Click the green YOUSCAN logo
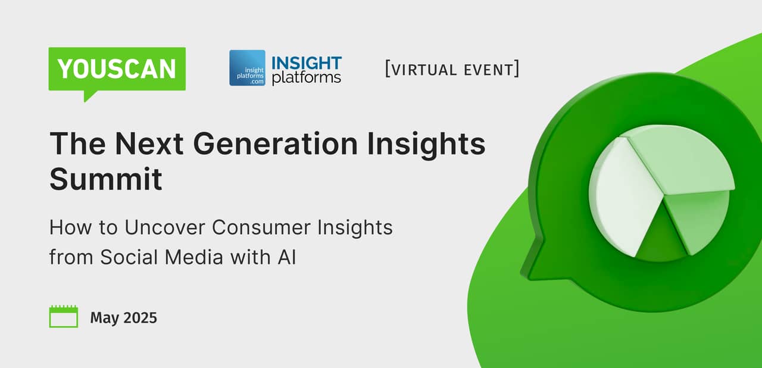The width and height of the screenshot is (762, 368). [117, 70]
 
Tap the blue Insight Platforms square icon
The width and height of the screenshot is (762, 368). [247, 68]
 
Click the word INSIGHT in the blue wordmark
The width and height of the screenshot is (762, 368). [306, 63]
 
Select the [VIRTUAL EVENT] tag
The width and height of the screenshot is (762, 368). [452, 69]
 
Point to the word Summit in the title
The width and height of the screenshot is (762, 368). [105, 179]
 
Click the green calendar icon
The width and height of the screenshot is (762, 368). [63, 317]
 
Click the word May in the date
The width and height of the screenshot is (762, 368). [104, 318]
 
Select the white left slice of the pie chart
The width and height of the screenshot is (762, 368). [619, 197]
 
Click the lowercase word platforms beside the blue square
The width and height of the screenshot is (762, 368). [306, 78]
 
